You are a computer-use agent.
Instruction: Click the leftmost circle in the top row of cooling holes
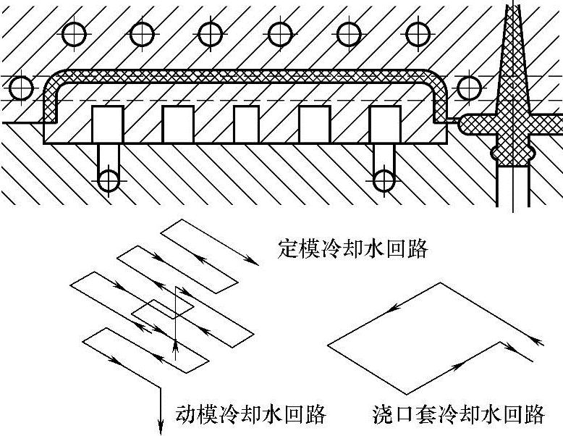point(75,33)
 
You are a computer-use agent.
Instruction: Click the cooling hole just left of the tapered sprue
point(470,88)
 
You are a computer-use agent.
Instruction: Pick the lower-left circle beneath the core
point(109,180)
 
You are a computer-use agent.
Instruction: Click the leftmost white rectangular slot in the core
point(108,124)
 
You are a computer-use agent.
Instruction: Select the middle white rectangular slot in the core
point(246,124)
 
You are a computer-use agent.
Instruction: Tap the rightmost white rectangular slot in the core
point(385,124)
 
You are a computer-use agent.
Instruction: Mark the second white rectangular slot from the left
point(178,124)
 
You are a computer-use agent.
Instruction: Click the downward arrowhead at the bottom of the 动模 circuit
point(159,427)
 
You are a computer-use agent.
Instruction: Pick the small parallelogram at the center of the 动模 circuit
point(164,309)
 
